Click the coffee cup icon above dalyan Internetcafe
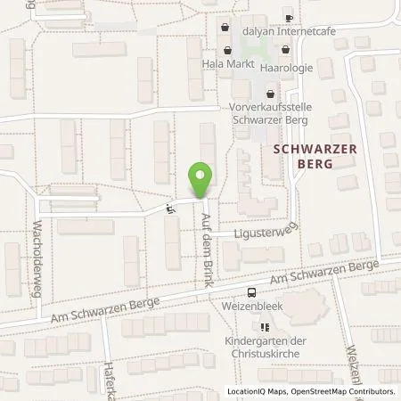point(289,17)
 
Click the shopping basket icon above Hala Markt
point(228,50)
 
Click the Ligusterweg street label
point(264,233)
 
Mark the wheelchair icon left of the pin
point(170,208)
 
